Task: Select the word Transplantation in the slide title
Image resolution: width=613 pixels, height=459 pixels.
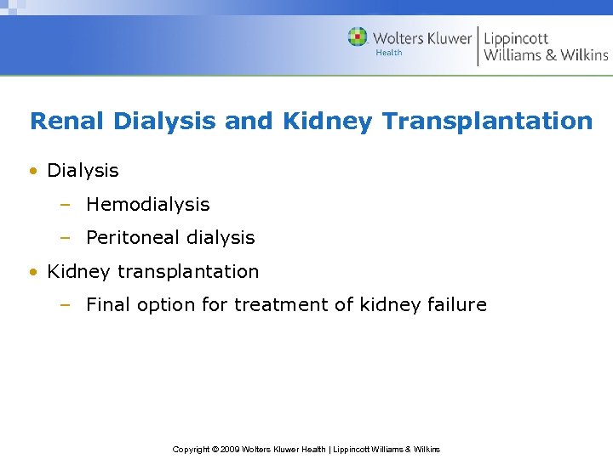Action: [x=487, y=121]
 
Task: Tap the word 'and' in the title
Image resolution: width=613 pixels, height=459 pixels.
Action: [x=249, y=121]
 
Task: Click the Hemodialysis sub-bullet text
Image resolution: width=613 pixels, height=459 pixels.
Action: [x=147, y=204]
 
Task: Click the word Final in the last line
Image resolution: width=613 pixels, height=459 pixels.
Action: [x=108, y=304]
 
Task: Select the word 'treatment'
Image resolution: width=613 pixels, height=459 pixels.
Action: [x=277, y=304]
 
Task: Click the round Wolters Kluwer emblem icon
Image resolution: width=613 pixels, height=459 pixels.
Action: [x=358, y=37]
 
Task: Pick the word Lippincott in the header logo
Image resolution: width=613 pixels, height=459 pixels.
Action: [x=516, y=38]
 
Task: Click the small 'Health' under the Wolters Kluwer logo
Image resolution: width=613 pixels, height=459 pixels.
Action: [x=389, y=54]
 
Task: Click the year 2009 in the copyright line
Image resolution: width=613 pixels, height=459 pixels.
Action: [x=229, y=449]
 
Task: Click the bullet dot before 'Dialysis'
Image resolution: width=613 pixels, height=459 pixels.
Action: [x=33, y=171]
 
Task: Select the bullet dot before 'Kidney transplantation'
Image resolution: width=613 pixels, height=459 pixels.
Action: [x=33, y=273]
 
